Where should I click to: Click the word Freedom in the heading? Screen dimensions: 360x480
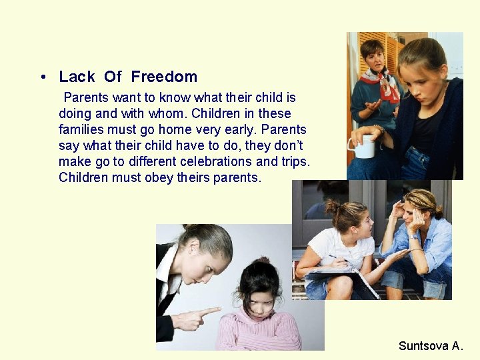(x=164, y=77)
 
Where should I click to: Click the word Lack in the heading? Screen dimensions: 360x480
(x=77, y=77)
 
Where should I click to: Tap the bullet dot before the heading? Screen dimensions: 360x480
(x=43, y=77)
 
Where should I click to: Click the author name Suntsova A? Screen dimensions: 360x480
(x=430, y=345)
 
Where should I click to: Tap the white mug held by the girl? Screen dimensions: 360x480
(x=364, y=146)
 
